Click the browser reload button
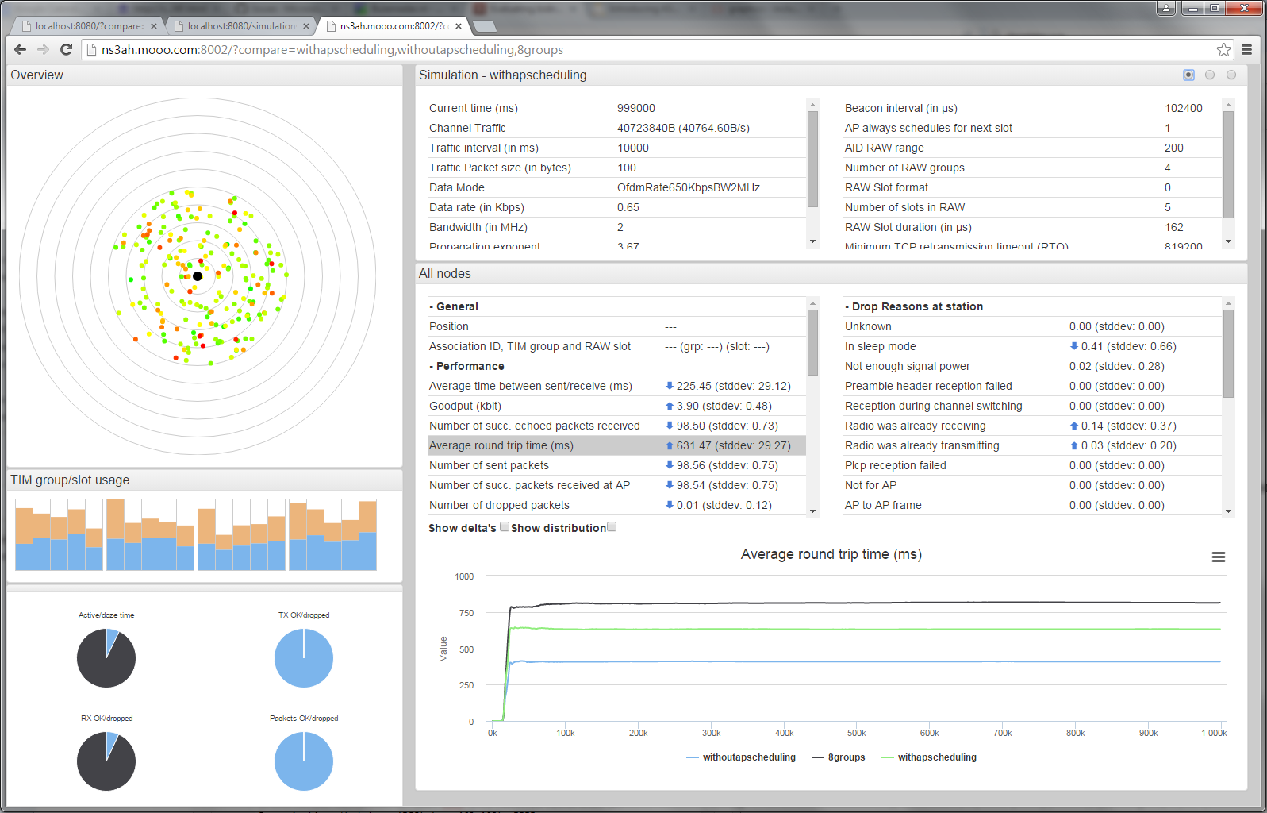click(x=67, y=49)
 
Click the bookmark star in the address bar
click(x=1223, y=50)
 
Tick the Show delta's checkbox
click(x=505, y=526)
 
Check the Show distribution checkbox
click(x=612, y=526)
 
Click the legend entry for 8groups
click(x=846, y=757)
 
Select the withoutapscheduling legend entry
click(x=748, y=757)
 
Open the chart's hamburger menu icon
click(x=1218, y=557)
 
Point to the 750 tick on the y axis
click(x=466, y=613)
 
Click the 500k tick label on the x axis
click(x=856, y=733)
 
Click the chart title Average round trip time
click(x=831, y=554)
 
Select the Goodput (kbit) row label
click(x=465, y=406)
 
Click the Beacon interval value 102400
click(x=1183, y=108)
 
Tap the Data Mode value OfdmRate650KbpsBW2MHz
click(x=688, y=187)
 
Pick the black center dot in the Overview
click(x=198, y=276)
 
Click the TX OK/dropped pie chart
click(x=304, y=658)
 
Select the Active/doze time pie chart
click(x=106, y=658)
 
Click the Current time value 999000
click(x=635, y=108)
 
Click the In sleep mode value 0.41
click(x=1092, y=346)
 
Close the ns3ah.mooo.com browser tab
click(x=459, y=26)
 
